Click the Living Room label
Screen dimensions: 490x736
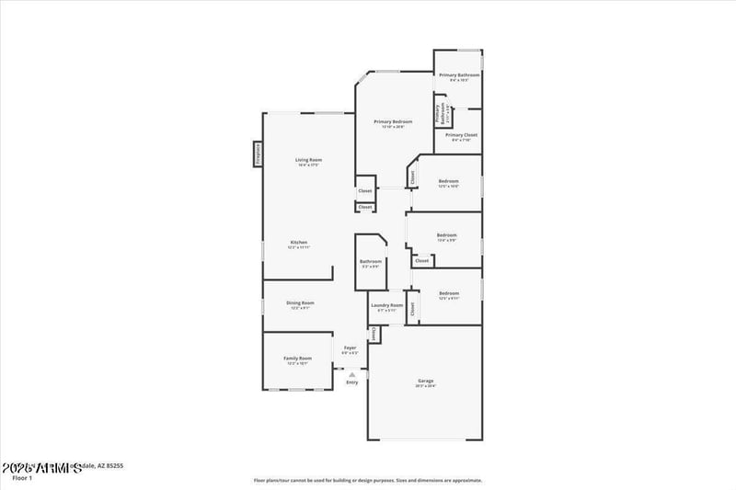click(308, 160)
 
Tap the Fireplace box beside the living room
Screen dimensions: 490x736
click(258, 154)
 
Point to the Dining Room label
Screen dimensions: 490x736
click(300, 302)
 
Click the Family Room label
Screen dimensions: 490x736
click(297, 358)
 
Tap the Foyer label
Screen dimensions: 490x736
click(350, 348)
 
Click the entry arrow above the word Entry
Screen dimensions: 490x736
click(351, 375)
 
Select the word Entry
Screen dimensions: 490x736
click(351, 382)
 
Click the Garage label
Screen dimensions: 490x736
click(425, 381)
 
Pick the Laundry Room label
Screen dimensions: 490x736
click(386, 305)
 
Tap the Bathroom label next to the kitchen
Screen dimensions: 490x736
click(370, 261)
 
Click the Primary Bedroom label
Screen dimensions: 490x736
click(393, 121)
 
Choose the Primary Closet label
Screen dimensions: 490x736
click(461, 135)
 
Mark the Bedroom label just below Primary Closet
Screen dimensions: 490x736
click(448, 181)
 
